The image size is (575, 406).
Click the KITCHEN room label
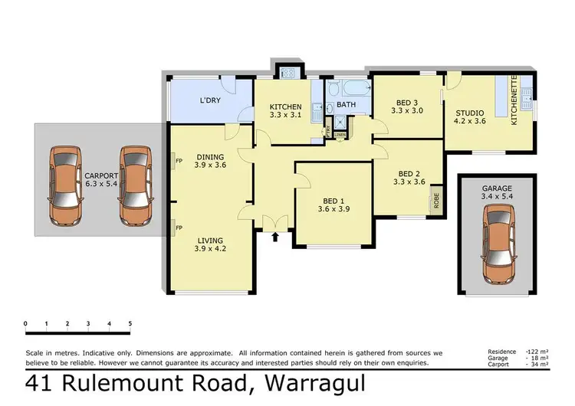click(x=284, y=106)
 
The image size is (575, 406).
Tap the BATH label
click(x=347, y=104)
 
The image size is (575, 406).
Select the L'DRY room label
click(x=210, y=101)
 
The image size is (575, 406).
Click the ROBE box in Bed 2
click(x=437, y=200)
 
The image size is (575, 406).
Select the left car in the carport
click(x=64, y=185)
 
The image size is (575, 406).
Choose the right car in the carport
click(x=134, y=185)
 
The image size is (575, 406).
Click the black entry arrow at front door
click(x=275, y=237)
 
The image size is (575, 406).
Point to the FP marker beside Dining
click(x=178, y=162)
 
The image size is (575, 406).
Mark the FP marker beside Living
click(x=178, y=228)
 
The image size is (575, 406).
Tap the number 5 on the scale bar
click(x=130, y=323)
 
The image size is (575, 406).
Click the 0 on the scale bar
click(x=26, y=323)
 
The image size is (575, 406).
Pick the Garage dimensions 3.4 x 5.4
click(x=497, y=196)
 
